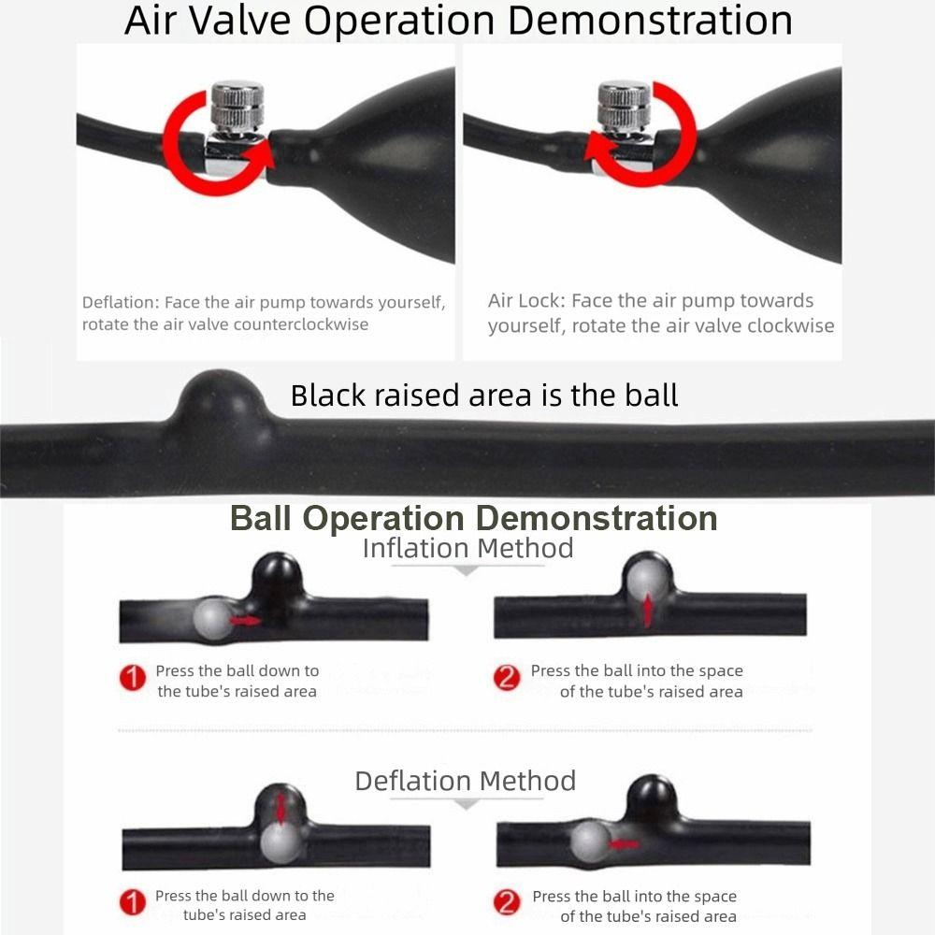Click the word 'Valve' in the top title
coord(240,21)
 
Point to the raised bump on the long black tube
coord(222,396)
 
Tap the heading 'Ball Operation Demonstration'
coord(473,518)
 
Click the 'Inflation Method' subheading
coord(468,548)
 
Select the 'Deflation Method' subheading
coord(465,781)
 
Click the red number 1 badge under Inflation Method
coord(133,677)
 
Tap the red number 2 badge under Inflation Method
coord(506,677)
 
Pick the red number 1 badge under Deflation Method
coord(133,902)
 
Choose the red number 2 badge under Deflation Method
coord(506,902)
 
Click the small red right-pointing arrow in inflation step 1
coord(245,621)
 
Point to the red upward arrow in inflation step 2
coord(648,611)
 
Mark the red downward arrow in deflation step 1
coord(280,809)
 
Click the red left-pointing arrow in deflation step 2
coord(623,844)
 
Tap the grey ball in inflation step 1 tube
coord(213,619)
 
